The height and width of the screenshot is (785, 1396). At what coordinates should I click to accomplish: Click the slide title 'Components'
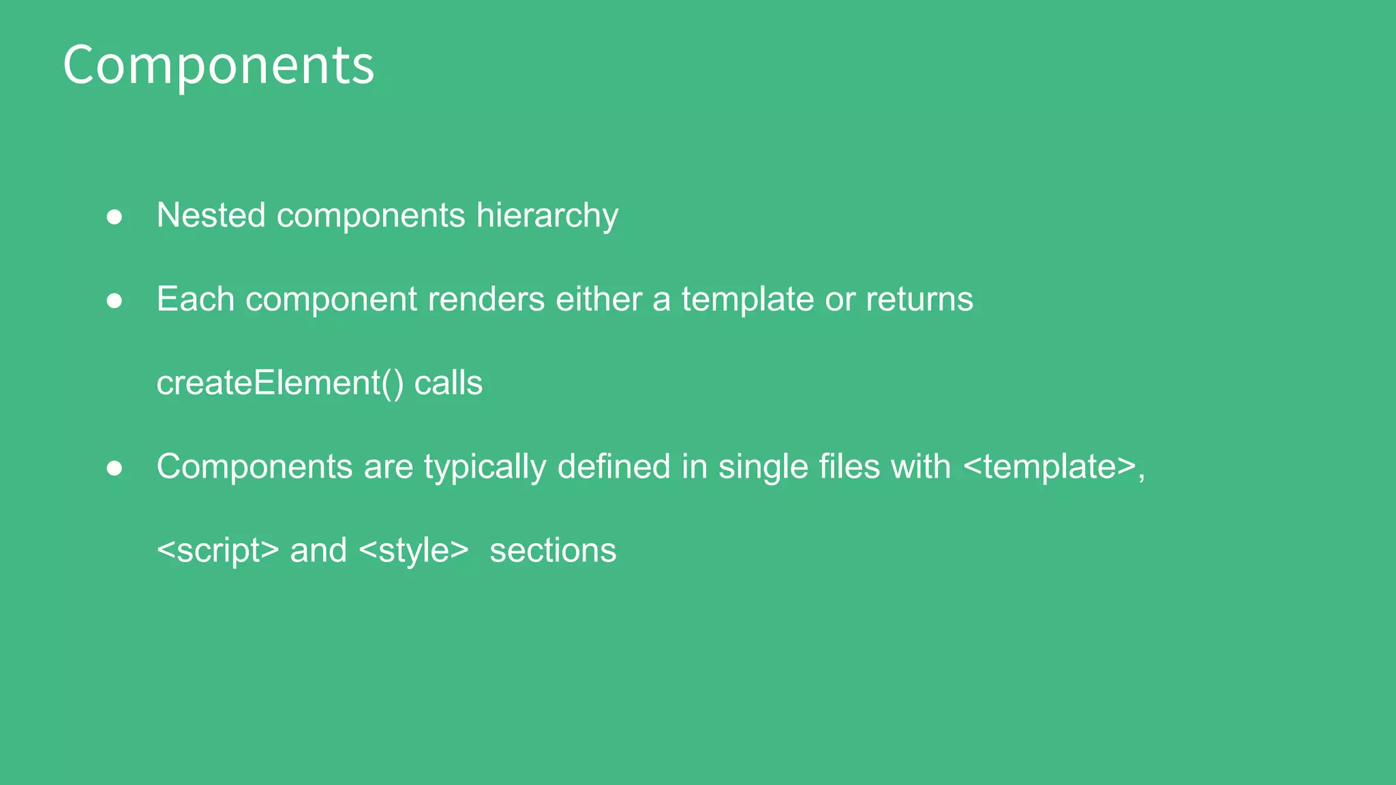(218, 65)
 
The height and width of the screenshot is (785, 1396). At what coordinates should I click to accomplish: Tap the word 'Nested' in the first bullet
(211, 215)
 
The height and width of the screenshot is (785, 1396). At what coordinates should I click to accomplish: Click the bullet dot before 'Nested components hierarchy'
(115, 217)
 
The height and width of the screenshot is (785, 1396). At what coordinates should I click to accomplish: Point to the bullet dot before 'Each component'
(115, 301)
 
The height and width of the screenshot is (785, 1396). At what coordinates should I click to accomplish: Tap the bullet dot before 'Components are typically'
(115, 469)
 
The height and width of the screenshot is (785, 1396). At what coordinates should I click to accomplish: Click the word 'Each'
(196, 299)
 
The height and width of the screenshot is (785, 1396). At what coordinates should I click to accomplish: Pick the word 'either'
(598, 299)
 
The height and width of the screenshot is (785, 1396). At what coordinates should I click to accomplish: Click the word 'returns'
(919, 299)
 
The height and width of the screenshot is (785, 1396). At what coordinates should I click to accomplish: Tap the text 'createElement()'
(280, 383)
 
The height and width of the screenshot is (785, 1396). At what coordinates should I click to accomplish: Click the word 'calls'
(449, 383)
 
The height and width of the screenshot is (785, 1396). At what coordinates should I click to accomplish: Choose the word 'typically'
(485, 468)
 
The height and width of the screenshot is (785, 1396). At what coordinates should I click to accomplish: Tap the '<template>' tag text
(1050, 468)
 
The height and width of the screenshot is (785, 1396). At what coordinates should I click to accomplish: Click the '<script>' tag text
(217, 551)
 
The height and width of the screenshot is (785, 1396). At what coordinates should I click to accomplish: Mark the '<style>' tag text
(413, 551)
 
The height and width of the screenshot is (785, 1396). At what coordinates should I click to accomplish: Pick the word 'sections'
(553, 551)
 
